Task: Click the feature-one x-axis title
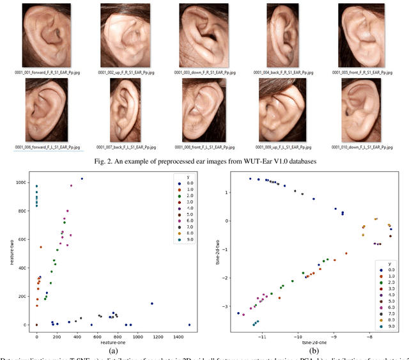114,343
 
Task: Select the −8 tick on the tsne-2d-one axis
369,336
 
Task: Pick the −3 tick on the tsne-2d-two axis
225,307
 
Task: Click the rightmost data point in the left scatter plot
190,325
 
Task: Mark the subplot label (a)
114,351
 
